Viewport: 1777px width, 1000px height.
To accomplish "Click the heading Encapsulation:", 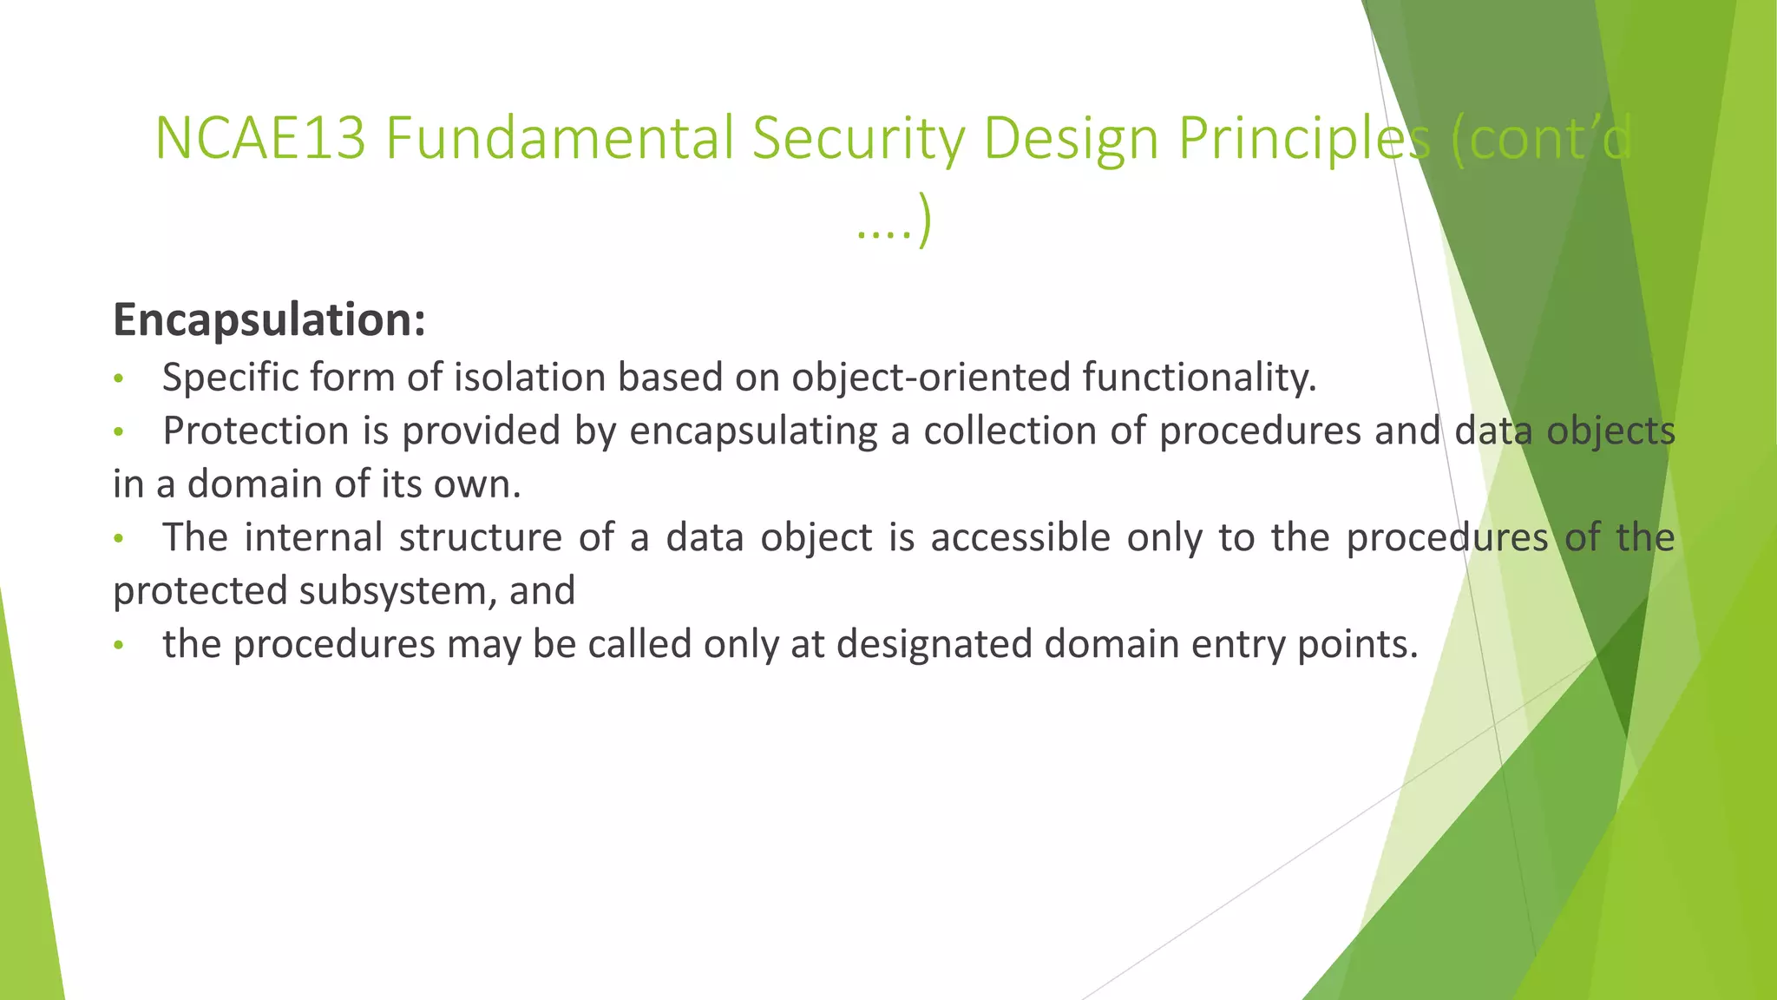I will [269, 320].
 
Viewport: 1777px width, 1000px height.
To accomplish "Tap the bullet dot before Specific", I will [120, 379].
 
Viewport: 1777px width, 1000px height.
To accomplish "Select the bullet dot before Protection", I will [120, 432].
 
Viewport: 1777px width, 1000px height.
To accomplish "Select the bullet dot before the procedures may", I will [120, 646].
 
